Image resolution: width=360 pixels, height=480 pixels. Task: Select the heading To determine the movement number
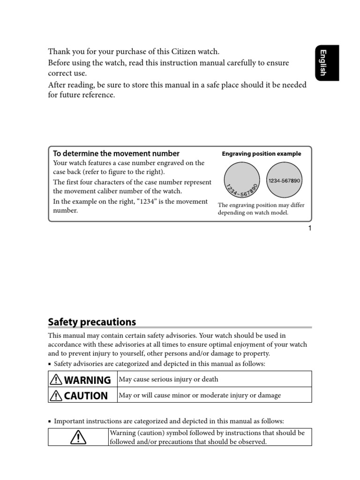pos(116,153)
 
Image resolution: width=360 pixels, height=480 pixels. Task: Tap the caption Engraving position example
pos(261,154)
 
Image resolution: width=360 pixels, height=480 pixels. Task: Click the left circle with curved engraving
pos(242,181)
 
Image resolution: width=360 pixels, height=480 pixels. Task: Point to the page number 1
pos(310,228)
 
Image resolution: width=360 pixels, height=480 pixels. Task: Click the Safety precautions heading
pos(92,322)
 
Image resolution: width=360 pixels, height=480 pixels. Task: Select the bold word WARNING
pos(88,380)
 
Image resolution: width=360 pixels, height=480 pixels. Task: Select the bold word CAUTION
pos(86,396)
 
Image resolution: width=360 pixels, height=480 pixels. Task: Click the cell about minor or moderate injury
pos(200,395)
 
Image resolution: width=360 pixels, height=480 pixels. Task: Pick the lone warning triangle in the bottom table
pos(78,437)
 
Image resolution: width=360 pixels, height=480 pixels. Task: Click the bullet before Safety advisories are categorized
pos(50,364)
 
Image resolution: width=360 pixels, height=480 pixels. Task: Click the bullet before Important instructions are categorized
pos(50,421)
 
